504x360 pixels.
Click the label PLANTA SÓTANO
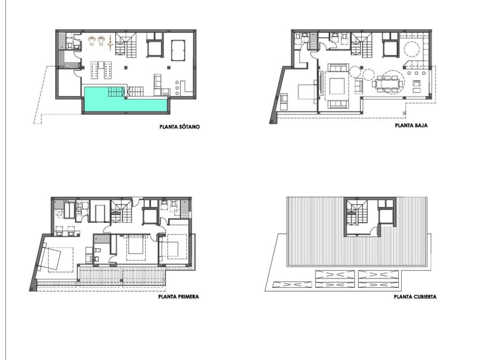pos(180,126)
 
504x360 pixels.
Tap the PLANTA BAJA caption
pos(411,125)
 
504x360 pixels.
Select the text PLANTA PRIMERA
pos(178,297)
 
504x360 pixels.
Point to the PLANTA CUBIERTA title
pos(415,297)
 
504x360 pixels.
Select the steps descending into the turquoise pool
pos(117,91)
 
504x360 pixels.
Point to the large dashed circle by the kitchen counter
pos(411,51)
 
